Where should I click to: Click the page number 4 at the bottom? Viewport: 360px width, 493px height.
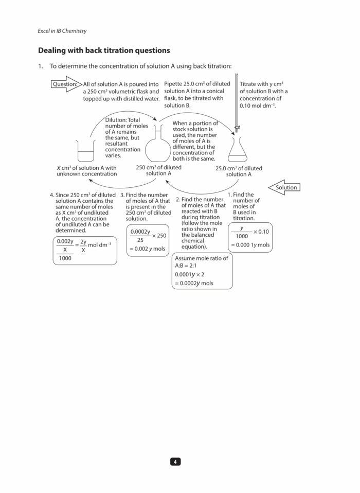pyautogui.click(x=175, y=462)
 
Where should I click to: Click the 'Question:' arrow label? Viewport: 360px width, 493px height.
pyautogui.click(x=65, y=84)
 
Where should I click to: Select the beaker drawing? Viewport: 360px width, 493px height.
pyautogui.click(x=86, y=152)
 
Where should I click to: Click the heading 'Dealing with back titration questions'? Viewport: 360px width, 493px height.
pyautogui.click(x=104, y=50)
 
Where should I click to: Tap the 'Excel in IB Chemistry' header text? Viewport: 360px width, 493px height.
pyautogui.click(x=62, y=31)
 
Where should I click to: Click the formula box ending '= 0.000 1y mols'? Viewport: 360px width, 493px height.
pyautogui.click(x=250, y=237)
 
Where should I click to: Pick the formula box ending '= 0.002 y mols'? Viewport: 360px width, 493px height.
pyautogui.click(x=148, y=240)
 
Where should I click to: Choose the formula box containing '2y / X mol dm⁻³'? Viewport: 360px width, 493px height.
pyautogui.click(x=84, y=249)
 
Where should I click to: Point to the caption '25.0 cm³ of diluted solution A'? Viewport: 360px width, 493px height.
pyautogui.click(x=239, y=171)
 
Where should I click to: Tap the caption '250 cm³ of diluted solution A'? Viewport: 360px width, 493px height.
pyautogui.click(x=158, y=170)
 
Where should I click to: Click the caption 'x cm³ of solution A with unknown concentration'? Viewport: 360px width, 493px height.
pyautogui.click(x=86, y=171)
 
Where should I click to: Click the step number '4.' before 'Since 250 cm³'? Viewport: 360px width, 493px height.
pyautogui.click(x=52, y=195)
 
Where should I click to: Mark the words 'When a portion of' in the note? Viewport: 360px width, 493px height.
pyautogui.click(x=195, y=124)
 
